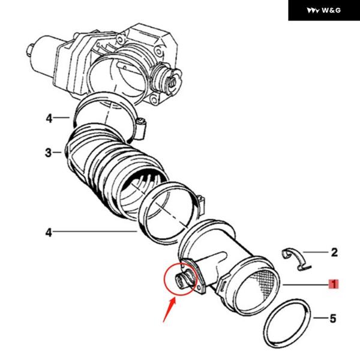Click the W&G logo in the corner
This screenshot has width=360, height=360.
click(323, 10)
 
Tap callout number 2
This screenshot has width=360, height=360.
click(334, 253)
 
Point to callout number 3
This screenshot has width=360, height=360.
click(49, 153)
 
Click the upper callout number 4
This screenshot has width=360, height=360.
click(49, 118)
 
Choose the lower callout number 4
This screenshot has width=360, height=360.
click(49, 230)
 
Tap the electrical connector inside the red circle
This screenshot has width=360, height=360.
click(182, 280)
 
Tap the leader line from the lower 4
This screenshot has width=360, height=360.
click(96, 230)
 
